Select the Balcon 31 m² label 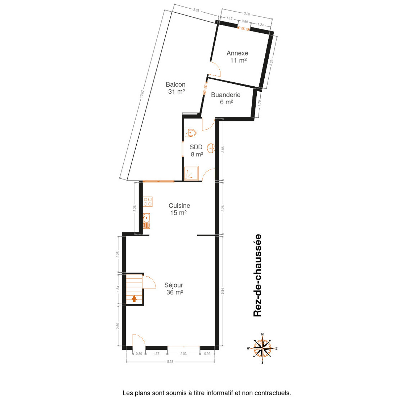(x=176, y=88)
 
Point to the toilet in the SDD (x=191, y=133)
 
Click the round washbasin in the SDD (x=211, y=148)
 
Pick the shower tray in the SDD (x=191, y=173)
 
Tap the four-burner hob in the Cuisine (x=148, y=202)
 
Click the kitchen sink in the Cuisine (x=147, y=221)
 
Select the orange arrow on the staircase (x=134, y=298)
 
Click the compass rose (x=262, y=348)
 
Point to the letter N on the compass (x=262, y=334)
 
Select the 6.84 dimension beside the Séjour (x=222, y=291)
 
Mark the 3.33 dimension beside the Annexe (x=271, y=63)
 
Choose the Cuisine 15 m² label (x=179, y=209)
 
